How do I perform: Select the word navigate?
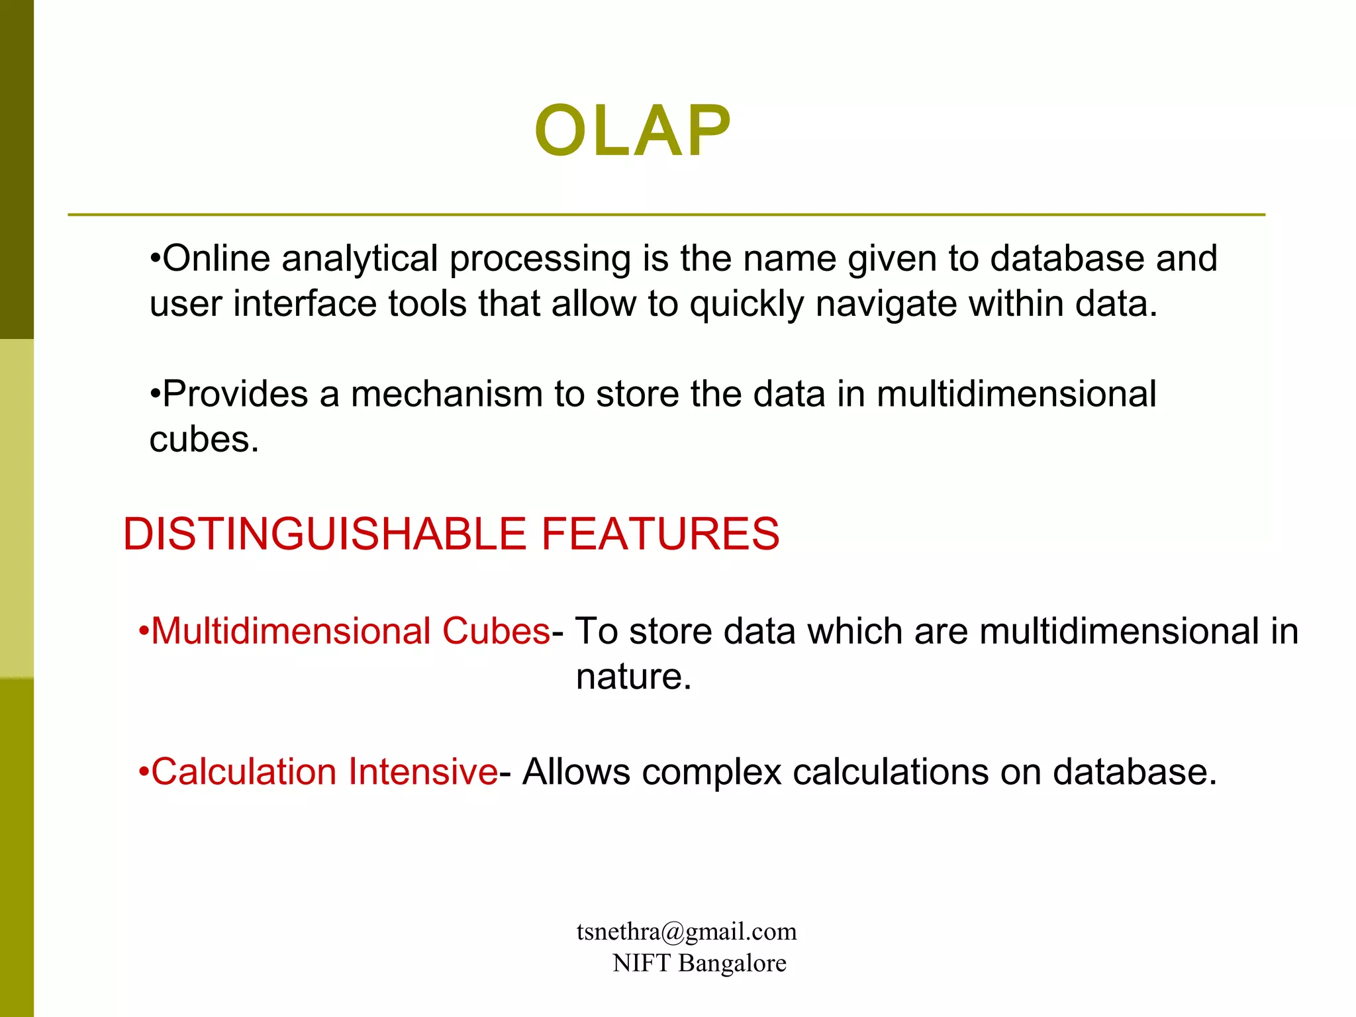tap(886, 305)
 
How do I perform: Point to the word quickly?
tap(746, 305)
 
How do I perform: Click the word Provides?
tap(234, 395)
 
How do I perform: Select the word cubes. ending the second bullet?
tap(204, 440)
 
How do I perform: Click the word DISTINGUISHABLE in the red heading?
tap(324, 534)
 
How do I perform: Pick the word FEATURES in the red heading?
tap(660, 534)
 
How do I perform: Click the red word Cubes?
tap(496, 631)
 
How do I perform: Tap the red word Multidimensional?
tap(291, 631)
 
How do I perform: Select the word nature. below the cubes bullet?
tap(634, 677)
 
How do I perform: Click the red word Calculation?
tap(244, 772)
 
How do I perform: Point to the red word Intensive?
tap(423, 772)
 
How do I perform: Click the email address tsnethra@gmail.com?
tap(687, 932)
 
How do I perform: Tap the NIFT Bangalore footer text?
tap(699, 963)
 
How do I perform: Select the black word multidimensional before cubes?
tap(1016, 395)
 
